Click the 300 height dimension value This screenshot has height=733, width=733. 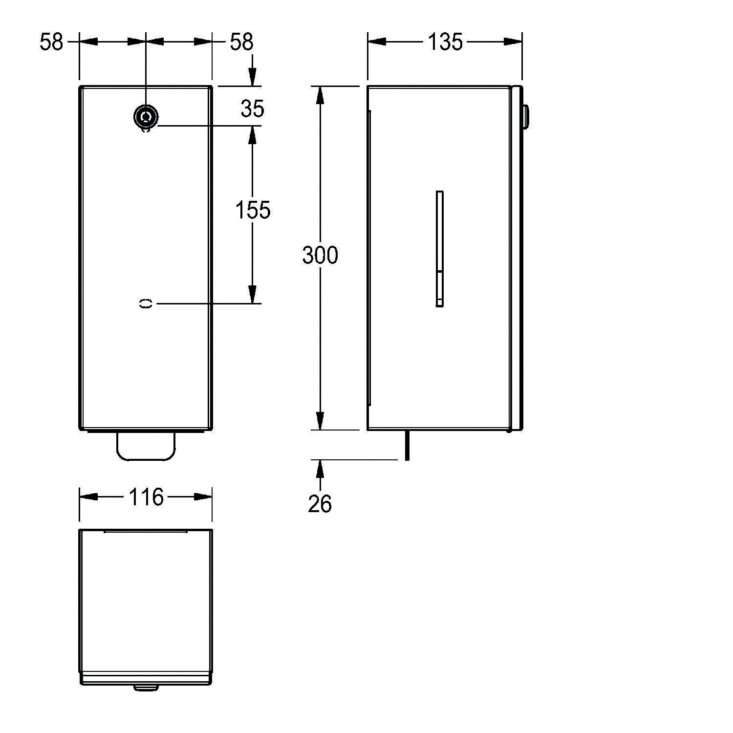point(320,256)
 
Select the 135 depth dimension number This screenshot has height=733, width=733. point(445,42)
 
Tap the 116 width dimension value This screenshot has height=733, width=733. point(146,497)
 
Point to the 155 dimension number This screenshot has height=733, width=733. point(253,210)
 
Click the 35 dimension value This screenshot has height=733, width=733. point(252,108)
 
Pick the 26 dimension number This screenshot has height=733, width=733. point(320,504)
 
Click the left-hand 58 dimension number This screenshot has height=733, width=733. point(52,42)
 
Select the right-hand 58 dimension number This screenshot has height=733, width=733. point(241,42)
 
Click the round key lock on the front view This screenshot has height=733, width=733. point(145,117)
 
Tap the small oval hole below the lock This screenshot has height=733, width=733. point(146,303)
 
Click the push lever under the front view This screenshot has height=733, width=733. point(146,446)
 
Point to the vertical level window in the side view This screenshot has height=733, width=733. point(439,249)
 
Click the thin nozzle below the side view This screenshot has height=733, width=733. point(406,446)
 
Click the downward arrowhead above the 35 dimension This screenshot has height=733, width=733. point(252,77)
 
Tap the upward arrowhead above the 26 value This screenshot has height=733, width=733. point(320,469)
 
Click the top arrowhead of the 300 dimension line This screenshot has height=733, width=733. point(320,95)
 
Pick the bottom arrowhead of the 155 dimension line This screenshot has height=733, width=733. point(252,294)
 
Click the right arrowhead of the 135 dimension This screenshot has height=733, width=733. point(513,42)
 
